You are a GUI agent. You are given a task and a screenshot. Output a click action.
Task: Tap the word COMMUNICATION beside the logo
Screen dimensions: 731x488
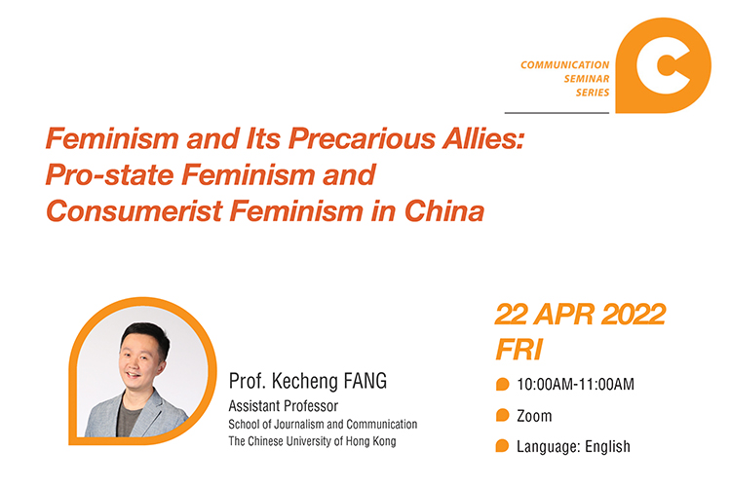564,65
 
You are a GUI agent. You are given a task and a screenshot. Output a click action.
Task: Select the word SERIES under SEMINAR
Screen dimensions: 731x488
592,93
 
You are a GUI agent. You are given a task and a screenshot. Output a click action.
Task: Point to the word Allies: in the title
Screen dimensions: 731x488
483,138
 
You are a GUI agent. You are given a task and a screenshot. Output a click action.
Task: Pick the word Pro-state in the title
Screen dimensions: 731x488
109,174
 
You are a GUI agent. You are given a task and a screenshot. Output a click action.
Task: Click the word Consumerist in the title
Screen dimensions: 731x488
135,210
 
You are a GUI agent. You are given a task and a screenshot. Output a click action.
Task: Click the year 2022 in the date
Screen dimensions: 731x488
634,315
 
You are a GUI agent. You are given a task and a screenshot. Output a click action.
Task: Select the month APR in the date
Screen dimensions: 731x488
564,315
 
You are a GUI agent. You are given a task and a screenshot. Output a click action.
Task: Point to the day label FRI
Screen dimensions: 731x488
519,350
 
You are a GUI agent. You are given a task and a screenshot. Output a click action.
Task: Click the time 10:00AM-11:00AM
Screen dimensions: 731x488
575,385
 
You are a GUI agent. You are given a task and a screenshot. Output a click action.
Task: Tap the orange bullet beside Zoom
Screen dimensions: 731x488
502,415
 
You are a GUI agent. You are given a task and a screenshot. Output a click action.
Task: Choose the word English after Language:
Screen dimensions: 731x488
607,446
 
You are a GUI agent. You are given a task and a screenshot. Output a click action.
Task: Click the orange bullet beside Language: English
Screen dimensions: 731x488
502,446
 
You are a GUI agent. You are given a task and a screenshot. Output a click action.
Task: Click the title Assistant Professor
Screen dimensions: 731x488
283,406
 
